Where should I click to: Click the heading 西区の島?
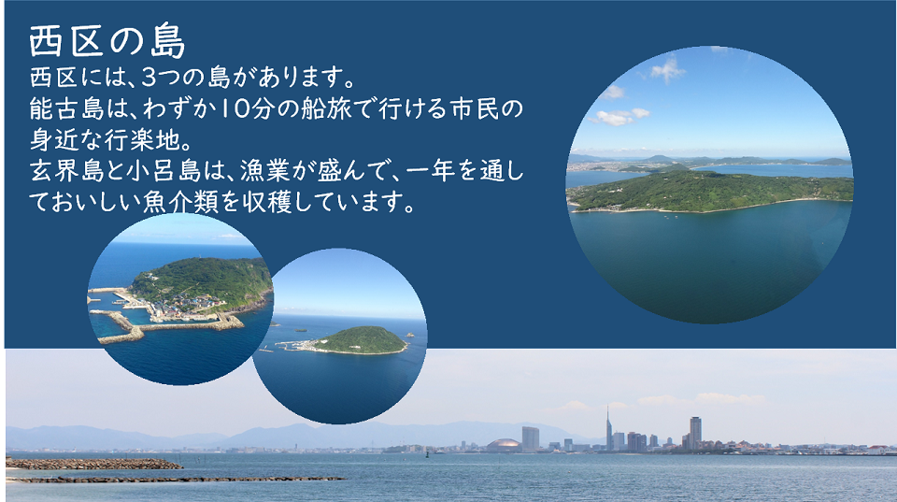(107, 42)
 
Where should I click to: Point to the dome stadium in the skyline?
(504, 445)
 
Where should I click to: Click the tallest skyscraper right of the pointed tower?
(695, 431)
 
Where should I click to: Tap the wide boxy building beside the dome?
(531, 437)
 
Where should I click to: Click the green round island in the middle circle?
(360, 340)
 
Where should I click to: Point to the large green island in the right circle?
(710, 190)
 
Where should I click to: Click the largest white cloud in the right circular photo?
(620, 117)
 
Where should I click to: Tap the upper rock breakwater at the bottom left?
(93, 463)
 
